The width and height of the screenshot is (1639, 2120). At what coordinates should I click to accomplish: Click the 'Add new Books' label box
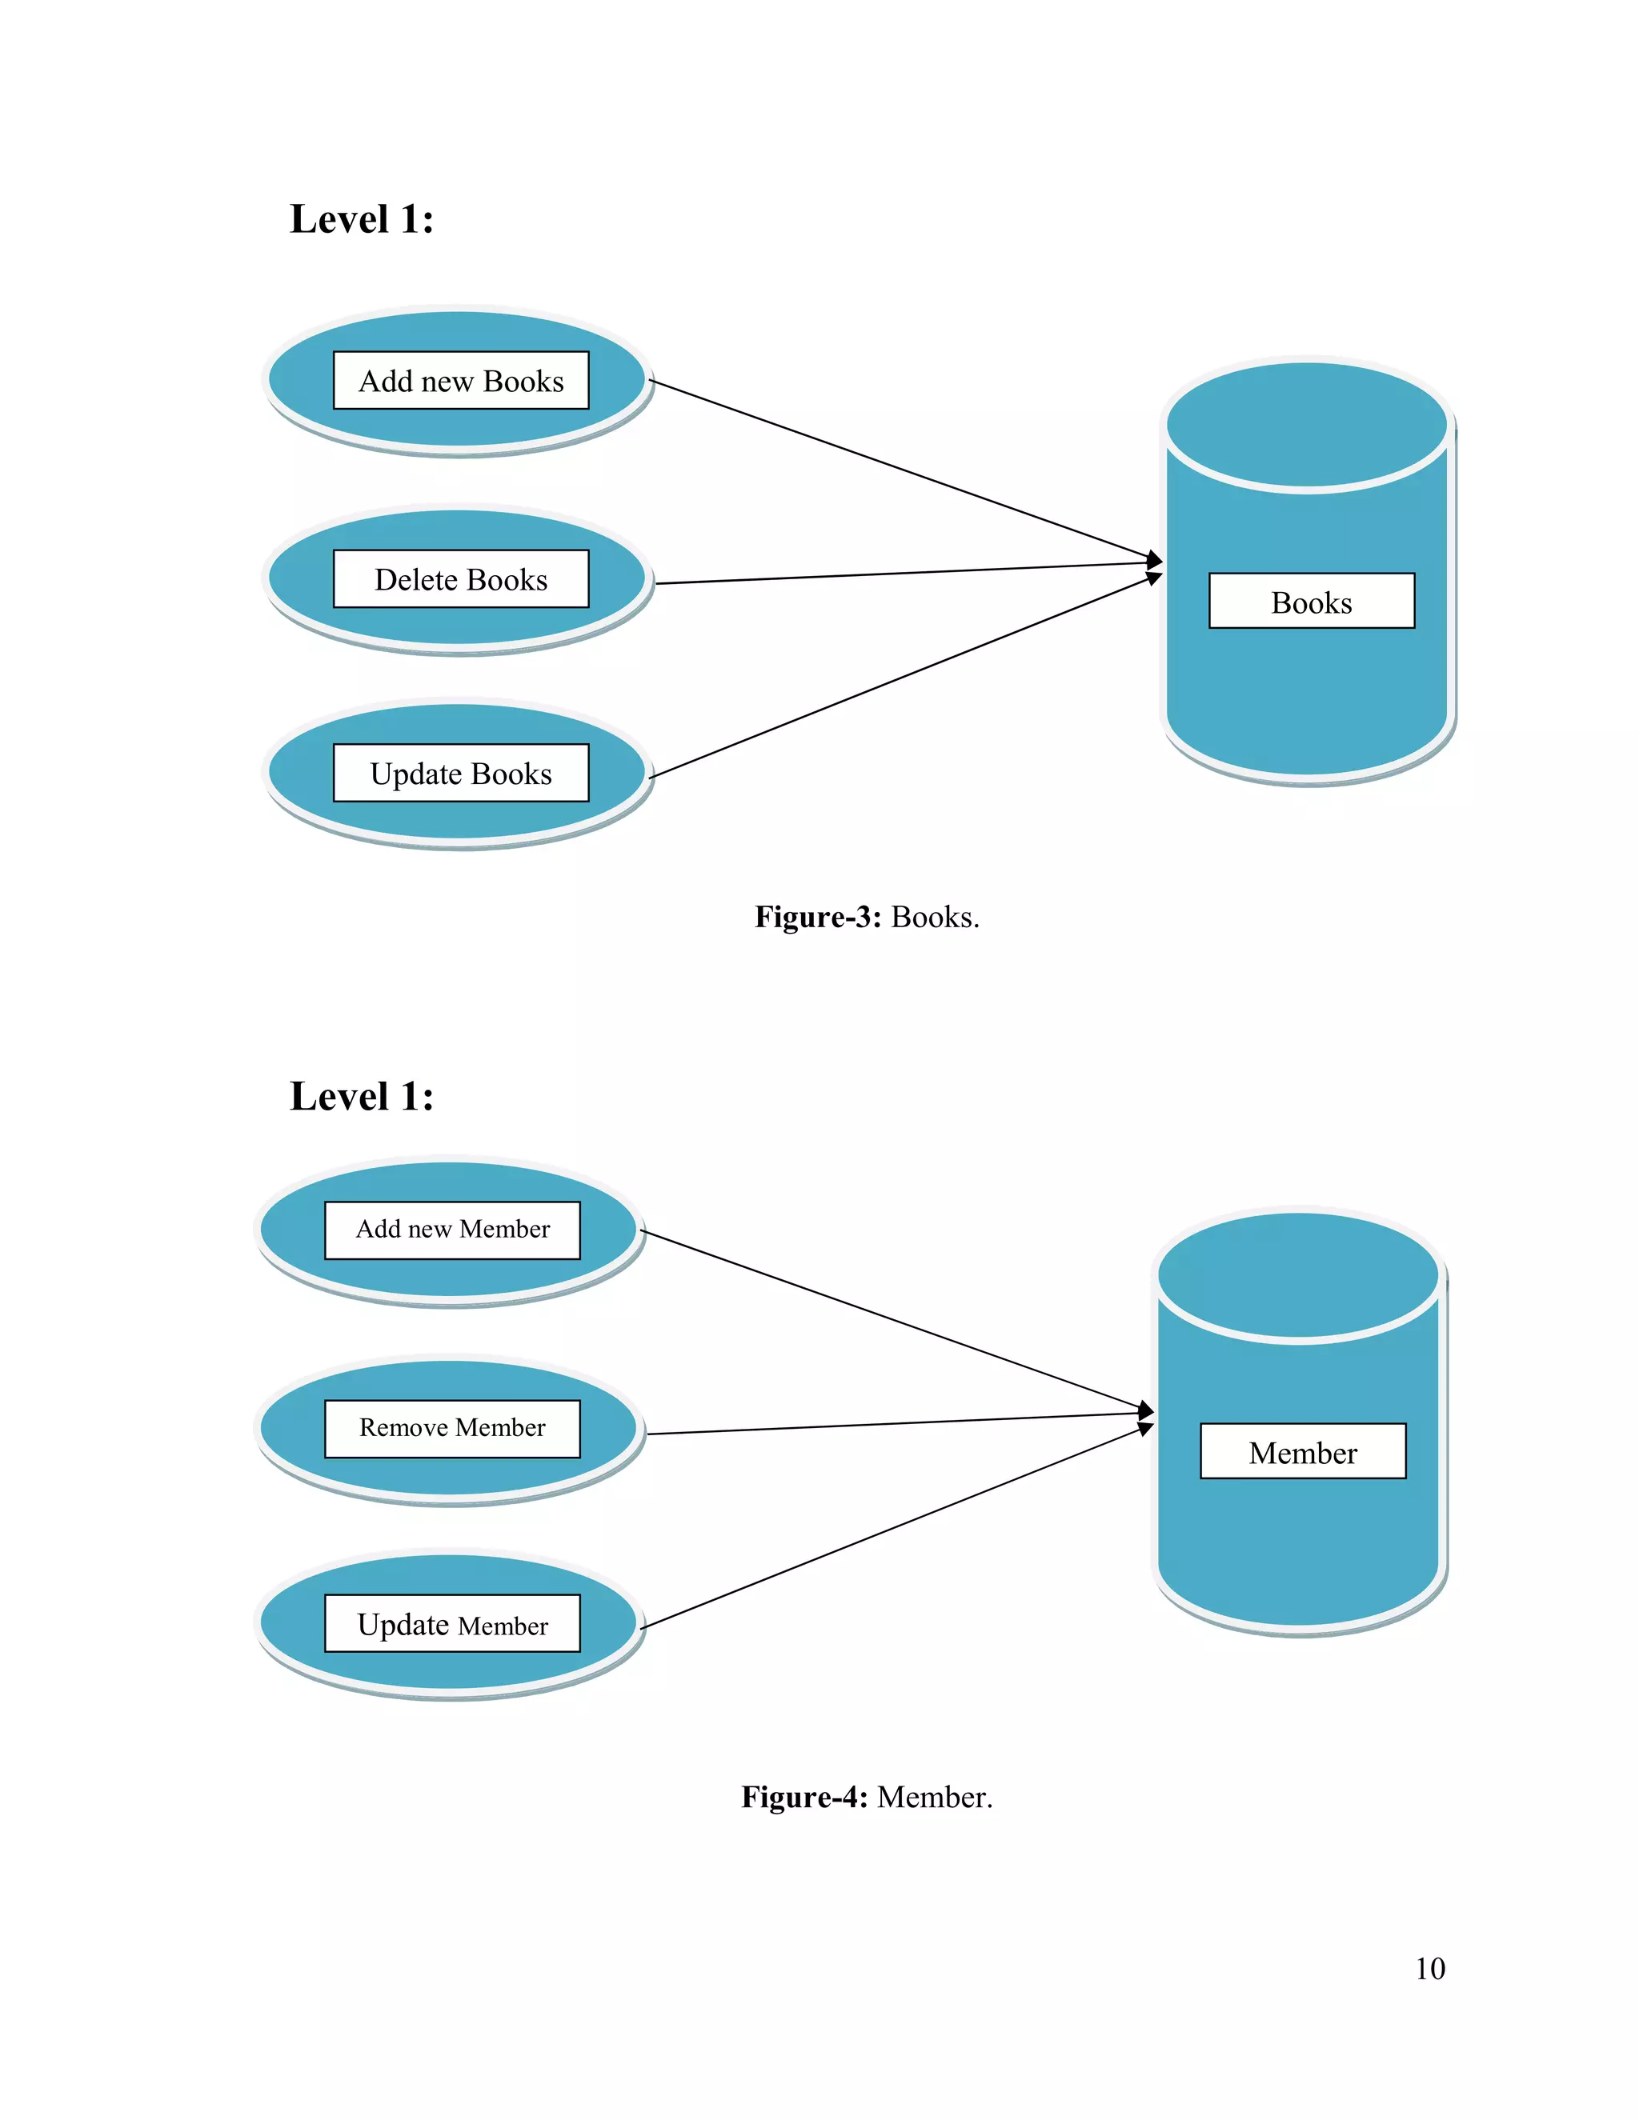pyautogui.click(x=460, y=381)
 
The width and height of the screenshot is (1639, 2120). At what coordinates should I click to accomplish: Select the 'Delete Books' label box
pyautogui.click(x=460, y=579)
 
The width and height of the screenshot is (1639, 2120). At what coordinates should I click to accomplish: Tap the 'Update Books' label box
pyautogui.click(x=460, y=774)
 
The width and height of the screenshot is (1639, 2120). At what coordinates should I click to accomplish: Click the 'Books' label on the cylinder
pyautogui.click(x=1311, y=602)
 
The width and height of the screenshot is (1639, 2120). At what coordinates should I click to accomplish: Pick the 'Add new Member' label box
pyautogui.click(x=451, y=1230)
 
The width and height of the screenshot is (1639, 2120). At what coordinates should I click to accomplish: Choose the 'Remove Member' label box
pyautogui.click(x=451, y=1428)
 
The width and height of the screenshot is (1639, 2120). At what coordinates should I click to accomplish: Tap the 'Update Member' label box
pyautogui.click(x=451, y=1624)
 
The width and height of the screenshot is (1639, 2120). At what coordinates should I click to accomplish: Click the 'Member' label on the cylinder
pyautogui.click(x=1302, y=1452)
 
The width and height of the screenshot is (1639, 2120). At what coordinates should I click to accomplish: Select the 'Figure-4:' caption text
pyautogui.click(x=804, y=1797)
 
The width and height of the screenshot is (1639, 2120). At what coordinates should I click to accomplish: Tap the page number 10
pyautogui.click(x=1429, y=1969)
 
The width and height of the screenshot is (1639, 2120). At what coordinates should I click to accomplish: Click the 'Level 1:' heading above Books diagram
pyautogui.click(x=361, y=219)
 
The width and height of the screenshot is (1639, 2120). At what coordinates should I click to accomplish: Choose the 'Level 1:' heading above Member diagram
pyautogui.click(x=361, y=1097)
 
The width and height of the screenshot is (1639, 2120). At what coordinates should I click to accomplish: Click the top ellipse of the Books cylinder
pyautogui.click(x=1306, y=424)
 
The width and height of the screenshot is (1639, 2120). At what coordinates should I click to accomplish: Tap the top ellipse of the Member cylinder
pyautogui.click(x=1297, y=1274)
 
